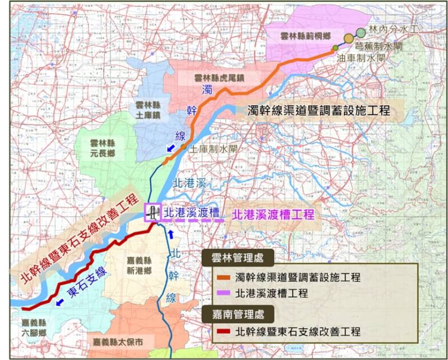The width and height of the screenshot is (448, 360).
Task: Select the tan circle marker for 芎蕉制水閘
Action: click(349, 39)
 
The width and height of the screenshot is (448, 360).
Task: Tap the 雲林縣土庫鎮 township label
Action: click(148, 110)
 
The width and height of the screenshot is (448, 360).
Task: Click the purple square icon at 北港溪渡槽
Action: click(152, 212)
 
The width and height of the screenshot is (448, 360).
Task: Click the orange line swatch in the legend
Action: click(223, 277)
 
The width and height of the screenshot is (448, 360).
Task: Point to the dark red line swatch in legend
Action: click(223, 331)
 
